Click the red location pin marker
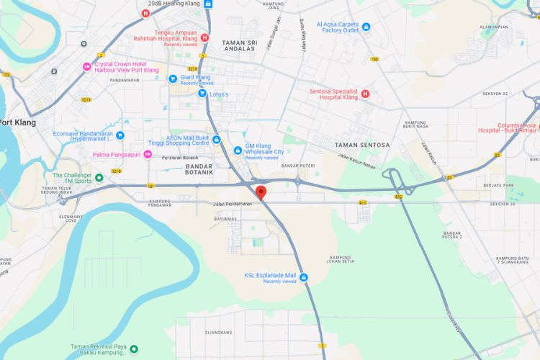pos(261,192)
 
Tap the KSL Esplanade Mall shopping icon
pos(304,278)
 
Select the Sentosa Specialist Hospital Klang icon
pos(365,94)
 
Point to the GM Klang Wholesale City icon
pos(238,150)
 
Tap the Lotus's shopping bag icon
pos(202,94)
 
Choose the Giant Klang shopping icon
pos(173,78)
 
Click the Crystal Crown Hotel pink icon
pos(87,67)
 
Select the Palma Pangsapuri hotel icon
pos(148,155)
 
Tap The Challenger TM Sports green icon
pos(99,177)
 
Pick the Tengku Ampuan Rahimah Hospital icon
pos(204,37)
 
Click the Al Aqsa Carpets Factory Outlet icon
pos(366,27)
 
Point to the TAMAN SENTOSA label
pos(362,145)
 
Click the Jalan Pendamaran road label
pos(232,204)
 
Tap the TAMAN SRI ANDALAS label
pos(240,45)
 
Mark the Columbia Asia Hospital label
pos(508,127)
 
